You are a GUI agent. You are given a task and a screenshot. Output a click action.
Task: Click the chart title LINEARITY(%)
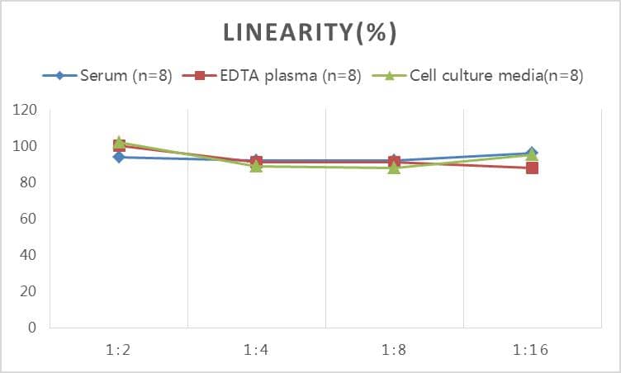pyautogui.click(x=310, y=33)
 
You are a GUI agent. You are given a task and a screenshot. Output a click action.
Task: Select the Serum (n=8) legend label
pyautogui.click(x=126, y=76)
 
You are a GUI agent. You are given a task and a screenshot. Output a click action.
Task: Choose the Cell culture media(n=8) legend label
pyautogui.click(x=496, y=76)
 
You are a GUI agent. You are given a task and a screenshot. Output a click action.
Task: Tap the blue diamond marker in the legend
pyautogui.click(x=60, y=76)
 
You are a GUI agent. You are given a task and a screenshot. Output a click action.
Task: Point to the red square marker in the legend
pyautogui.click(x=199, y=76)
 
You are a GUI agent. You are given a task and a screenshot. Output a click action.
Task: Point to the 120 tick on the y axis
pyautogui.click(x=25, y=110)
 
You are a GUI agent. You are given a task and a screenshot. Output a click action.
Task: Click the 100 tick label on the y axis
pyautogui.click(x=25, y=146)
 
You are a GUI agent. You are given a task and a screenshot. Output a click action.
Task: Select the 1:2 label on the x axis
pyautogui.click(x=119, y=350)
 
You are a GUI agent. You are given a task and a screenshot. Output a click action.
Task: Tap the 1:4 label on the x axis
pyautogui.click(x=256, y=350)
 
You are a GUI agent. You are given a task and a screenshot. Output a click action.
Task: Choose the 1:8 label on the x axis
pyautogui.click(x=394, y=350)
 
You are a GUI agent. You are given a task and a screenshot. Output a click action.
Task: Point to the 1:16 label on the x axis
pyautogui.click(x=531, y=350)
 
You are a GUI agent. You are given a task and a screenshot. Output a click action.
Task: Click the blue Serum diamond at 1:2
pyautogui.click(x=119, y=157)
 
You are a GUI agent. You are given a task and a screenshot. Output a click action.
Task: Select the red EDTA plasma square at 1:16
pyautogui.click(x=532, y=168)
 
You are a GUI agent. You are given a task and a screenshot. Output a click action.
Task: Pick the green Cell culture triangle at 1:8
pyautogui.click(x=394, y=167)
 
